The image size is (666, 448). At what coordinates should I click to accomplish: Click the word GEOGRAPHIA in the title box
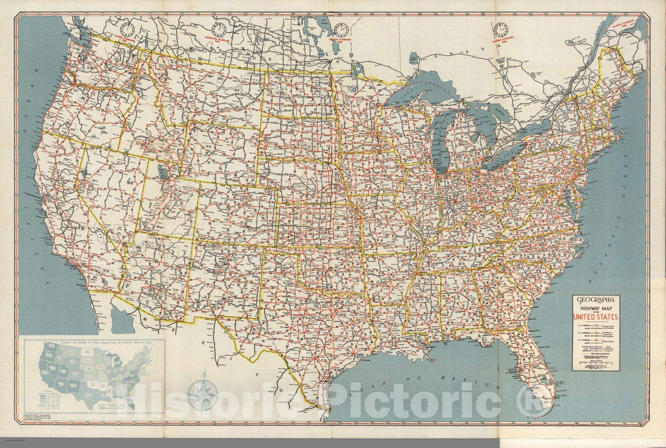[x=596, y=298]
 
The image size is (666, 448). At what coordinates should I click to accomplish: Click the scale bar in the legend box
[x=596, y=365]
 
